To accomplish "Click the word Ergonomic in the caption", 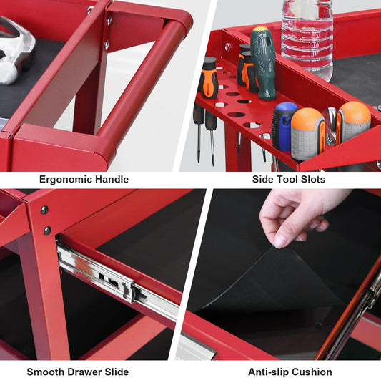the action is pos(65,180).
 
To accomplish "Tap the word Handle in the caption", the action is pos(112,179).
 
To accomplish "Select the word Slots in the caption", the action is pos(313,179).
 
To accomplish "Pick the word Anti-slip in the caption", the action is pos(269,372).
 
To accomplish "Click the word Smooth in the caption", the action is pos(46,372).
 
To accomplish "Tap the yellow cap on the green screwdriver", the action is pos(260,29).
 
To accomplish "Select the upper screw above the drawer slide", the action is pos(44,210).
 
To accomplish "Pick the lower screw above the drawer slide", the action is pos(47,231).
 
